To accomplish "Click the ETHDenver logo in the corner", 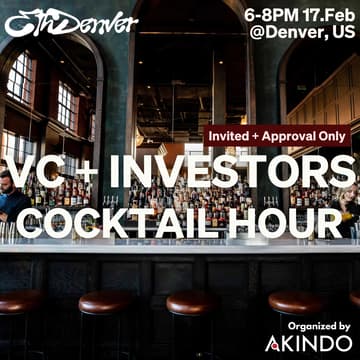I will pyautogui.click(x=70, y=21).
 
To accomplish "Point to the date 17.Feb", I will pyautogui.click(x=327, y=14).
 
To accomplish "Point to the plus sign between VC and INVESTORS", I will pyautogui.click(x=85, y=173).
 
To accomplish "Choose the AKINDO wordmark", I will pyautogui.click(x=318, y=344).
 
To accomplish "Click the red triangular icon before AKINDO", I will pyautogui.click(x=274, y=344).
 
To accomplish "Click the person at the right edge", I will pyautogui.click(x=351, y=205).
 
